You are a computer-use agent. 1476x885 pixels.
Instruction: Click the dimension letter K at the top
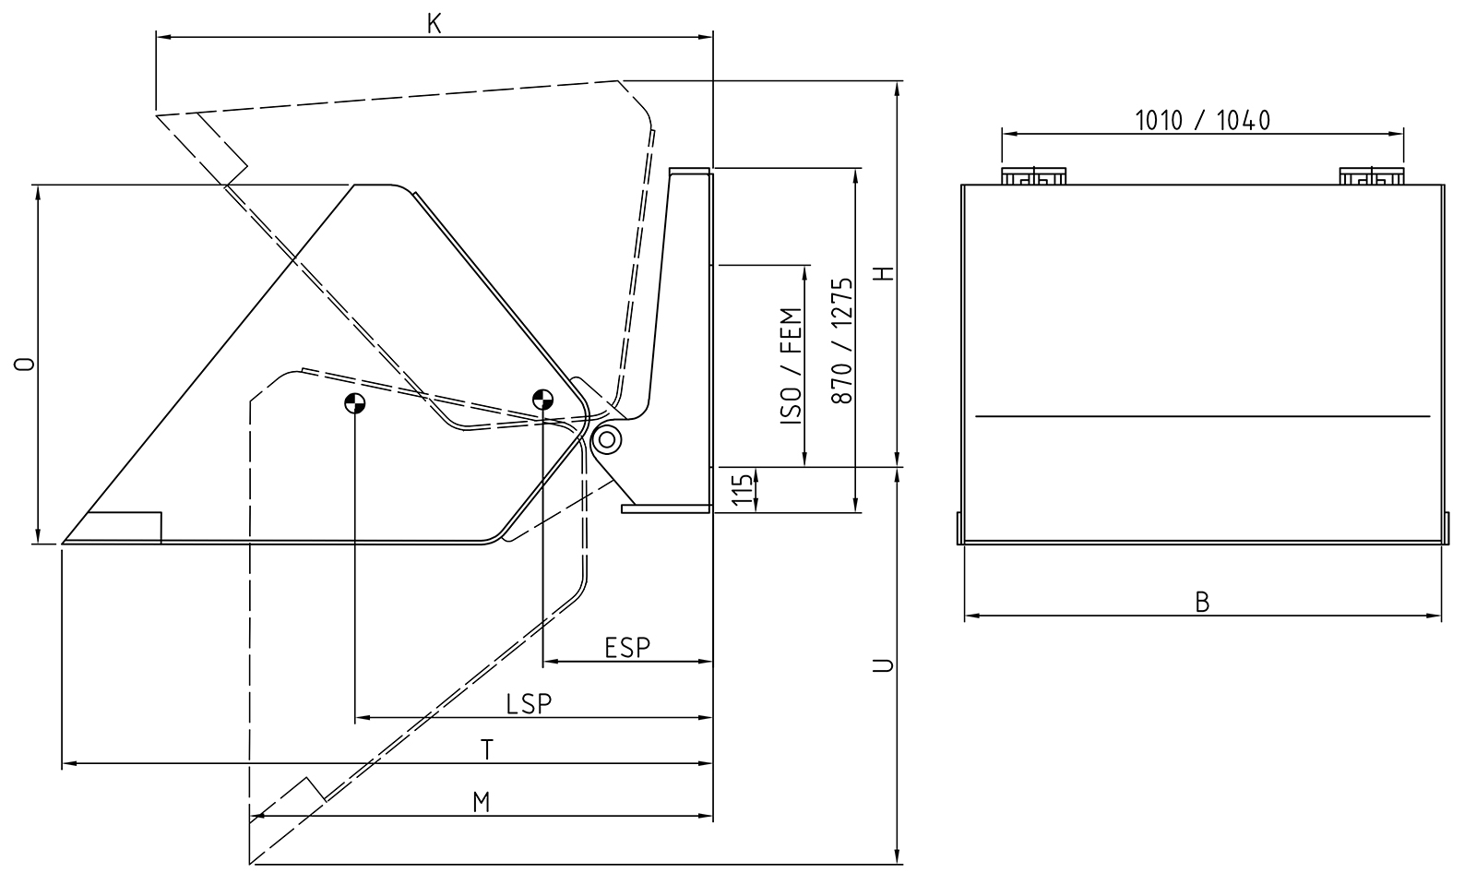coord(434,24)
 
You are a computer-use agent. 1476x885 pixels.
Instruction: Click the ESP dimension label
coord(627,648)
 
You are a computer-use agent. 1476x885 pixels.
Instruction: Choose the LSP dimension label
coord(529,703)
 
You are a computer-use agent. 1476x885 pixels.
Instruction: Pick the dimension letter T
coord(487,750)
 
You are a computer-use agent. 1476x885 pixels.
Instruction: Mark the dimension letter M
coord(481,803)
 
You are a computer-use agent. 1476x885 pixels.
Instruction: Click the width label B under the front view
coord(1202,602)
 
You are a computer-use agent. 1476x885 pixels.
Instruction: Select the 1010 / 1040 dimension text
coord(1202,120)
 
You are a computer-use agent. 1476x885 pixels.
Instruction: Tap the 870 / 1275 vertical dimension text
coord(840,341)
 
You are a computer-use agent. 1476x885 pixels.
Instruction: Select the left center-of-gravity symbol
coord(355,402)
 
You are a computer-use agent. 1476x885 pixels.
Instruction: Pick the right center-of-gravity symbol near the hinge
coord(542,400)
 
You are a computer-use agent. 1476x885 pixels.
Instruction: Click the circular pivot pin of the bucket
coord(606,439)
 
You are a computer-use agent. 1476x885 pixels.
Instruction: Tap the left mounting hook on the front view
coord(1033,175)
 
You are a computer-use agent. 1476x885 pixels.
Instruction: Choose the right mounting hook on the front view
coord(1370,175)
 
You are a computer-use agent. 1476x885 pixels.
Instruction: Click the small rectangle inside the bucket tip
coord(125,527)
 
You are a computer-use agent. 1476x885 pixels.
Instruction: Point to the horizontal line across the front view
coord(1202,416)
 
